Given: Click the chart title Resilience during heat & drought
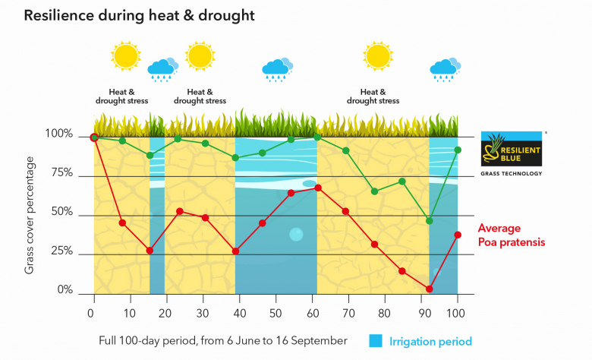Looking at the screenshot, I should (x=139, y=14).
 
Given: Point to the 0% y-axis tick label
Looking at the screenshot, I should (x=65, y=290).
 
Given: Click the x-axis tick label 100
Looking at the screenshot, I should (x=457, y=313).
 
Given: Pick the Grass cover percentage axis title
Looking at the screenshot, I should (x=30, y=215).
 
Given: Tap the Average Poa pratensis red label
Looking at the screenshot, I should (x=511, y=235).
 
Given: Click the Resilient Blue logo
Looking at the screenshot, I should (x=512, y=148).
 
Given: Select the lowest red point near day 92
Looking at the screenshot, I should (x=430, y=289).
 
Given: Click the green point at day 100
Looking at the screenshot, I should (x=458, y=150).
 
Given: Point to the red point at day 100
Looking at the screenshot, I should (x=458, y=235).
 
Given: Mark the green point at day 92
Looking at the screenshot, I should (x=430, y=221).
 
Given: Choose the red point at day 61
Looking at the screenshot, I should (x=318, y=188).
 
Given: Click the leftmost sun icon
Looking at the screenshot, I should (x=125, y=57).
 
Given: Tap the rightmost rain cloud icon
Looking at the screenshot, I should (x=444, y=68).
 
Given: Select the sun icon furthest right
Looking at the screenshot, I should (x=377, y=56).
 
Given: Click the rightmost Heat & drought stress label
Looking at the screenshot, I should (x=373, y=96).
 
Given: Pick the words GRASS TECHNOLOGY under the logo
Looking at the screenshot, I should (x=512, y=173).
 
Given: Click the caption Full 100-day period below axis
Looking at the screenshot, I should (x=223, y=341).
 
